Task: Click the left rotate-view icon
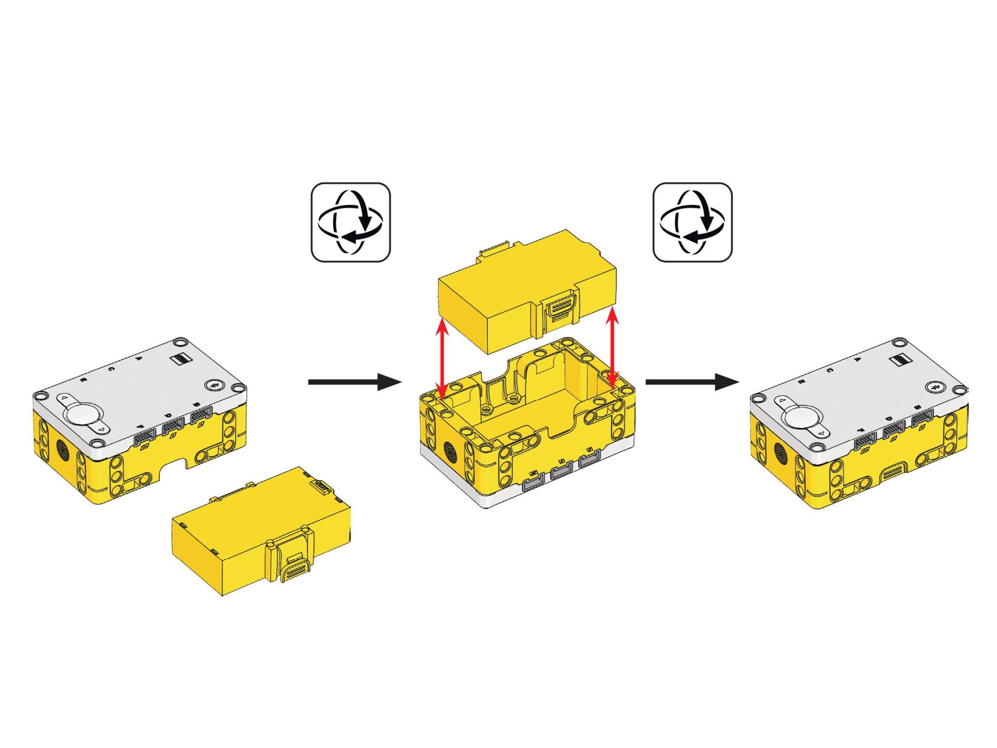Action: (x=351, y=222)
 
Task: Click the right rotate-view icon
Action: (x=692, y=222)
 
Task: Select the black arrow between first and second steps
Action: (x=354, y=382)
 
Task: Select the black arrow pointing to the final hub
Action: (x=691, y=382)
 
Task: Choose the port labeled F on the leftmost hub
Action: (x=144, y=438)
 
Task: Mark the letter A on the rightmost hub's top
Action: (x=856, y=359)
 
